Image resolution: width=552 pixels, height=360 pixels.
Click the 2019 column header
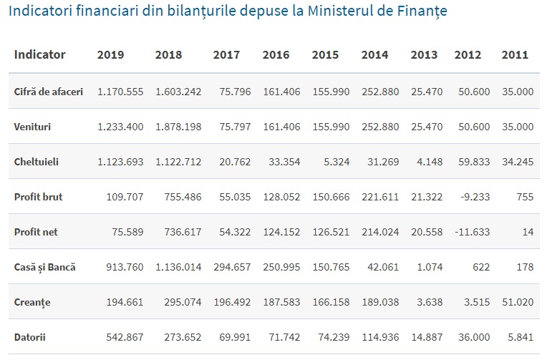click(110, 55)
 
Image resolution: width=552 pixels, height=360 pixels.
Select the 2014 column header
click(374, 55)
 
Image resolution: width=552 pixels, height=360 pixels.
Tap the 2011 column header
click(515, 55)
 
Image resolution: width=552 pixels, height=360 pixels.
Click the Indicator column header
click(39, 55)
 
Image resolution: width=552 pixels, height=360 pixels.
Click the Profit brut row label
click(38, 197)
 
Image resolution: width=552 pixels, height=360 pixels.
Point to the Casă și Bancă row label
click(44, 267)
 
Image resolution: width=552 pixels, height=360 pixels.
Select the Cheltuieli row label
click(37, 162)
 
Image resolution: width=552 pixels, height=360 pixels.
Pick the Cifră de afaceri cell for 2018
click(178, 92)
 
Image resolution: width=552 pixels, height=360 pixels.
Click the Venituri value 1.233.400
click(120, 127)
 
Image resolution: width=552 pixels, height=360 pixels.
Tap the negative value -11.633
click(472, 232)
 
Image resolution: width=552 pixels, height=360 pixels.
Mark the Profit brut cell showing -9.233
click(474, 197)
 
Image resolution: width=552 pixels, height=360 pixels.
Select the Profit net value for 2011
click(527, 232)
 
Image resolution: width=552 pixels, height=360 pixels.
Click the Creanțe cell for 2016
click(281, 302)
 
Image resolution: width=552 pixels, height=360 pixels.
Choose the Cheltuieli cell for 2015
click(336, 162)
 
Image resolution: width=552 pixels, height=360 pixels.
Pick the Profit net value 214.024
click(380, 232)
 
